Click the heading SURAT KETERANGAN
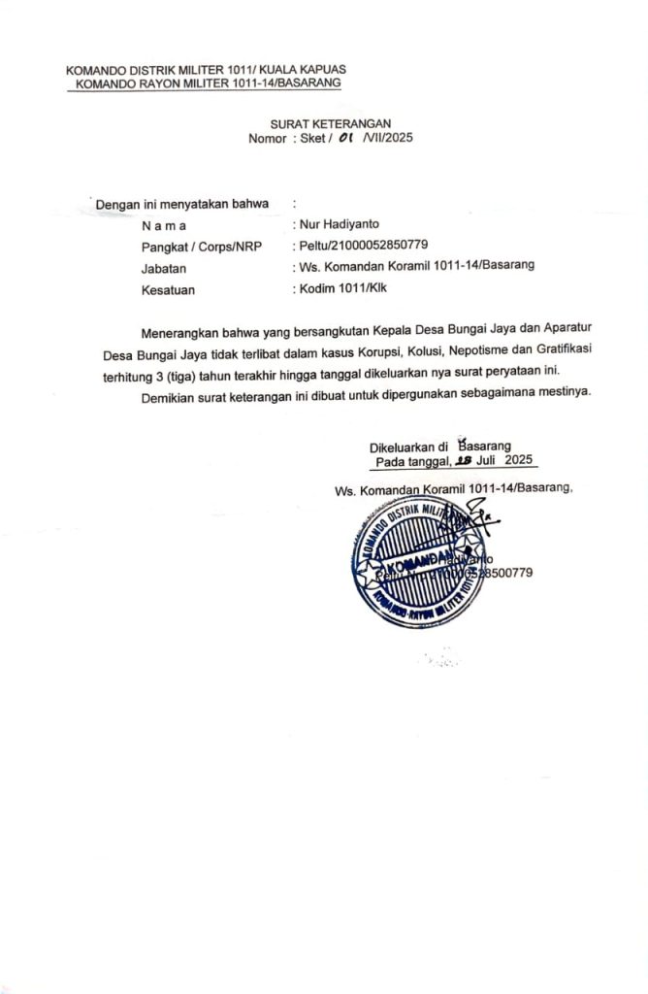point(330,123)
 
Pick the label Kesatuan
point(168,289)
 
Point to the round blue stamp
point(419,563)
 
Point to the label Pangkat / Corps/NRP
point(202,247)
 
